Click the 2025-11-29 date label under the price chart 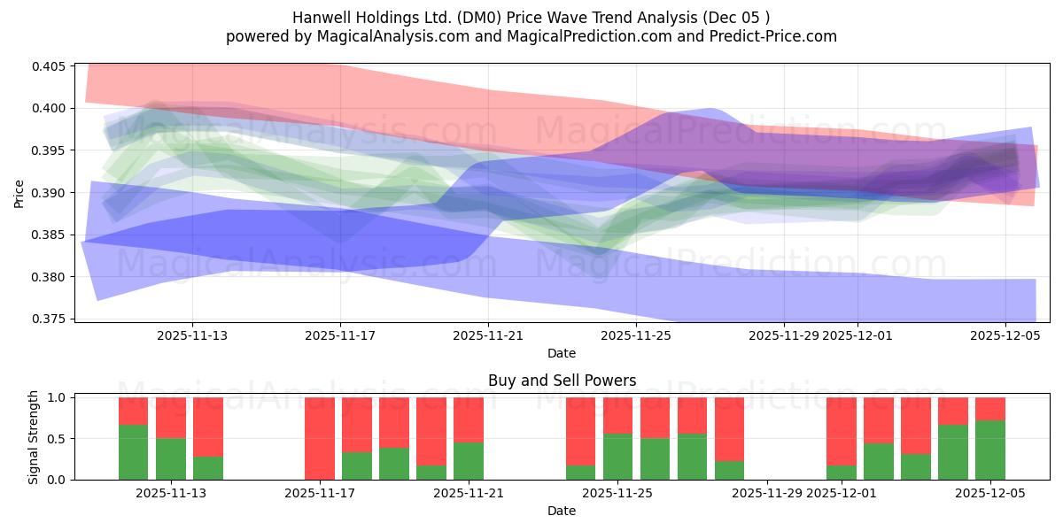pos(783,335)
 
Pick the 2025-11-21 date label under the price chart pos(488,335)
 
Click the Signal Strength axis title pos(33,438)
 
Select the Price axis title pos(19,193)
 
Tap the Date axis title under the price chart pos(562,353)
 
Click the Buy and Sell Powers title pos(562,381)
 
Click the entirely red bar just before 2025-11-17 pos(320,438)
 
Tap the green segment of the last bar pos(990,450)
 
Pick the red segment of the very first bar pos(133,411)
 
